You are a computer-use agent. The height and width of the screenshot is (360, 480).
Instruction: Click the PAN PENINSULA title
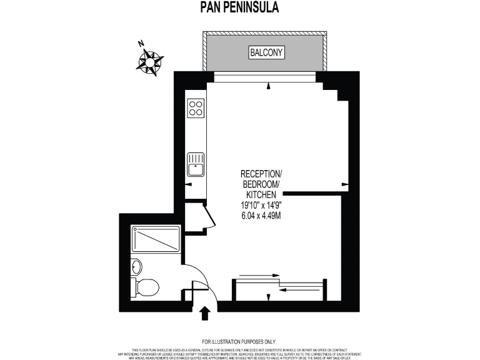click(239, 7)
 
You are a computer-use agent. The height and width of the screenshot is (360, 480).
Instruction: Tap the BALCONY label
click(267, 52)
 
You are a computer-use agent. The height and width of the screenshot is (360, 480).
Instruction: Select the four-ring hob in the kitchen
click(196, 108)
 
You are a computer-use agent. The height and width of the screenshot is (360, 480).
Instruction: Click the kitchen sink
click(196, 166)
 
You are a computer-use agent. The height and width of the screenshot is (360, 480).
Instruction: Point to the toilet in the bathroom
click(146, 288)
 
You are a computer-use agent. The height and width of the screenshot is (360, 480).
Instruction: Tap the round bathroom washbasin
click(137, 267)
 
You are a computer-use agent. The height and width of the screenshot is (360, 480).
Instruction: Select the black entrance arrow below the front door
click(204, 312)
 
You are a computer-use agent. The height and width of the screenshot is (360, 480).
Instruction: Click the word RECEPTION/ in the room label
click(262, 173)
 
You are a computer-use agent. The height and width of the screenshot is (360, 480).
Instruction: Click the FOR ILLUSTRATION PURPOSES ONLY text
click(239, 341)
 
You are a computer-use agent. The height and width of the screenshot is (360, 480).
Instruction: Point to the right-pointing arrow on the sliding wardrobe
click(257, 275)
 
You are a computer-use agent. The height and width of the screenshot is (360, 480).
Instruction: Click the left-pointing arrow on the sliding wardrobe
click(300, 289)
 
